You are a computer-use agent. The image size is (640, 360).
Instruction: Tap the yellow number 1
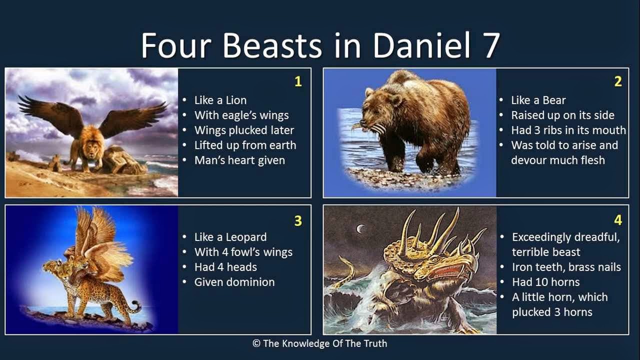pyautogui.click(x=298, y=81)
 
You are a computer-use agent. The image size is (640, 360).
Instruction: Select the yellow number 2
pyautogui.click(x=618, y=81)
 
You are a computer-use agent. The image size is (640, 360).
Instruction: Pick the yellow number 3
pyautogui.click(x=298, y=220)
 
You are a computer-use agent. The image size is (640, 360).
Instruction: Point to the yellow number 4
pyautogui.click(x=618, y=220)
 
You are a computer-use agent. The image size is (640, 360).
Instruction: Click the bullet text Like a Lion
pyautogui.click(x=220, y=100)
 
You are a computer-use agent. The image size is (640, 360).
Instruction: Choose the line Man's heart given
pyautogui.click(x=239, y=160)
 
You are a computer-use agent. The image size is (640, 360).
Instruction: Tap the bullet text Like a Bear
pyautogui.click(x=538, y=100)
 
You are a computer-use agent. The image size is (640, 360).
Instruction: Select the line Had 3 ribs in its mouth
pyautogui.click(x=568, y=130)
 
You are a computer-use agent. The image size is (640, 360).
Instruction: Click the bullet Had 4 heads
pyautogui.click(x=225, y=267)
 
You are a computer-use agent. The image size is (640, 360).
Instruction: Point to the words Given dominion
pyautogui.click(x=234, y=282)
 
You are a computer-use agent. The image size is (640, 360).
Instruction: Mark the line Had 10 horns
pyautogui.click(x=545, y=282)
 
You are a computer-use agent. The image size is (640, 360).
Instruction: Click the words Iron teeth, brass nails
pyautogui.click(x=566, y=267)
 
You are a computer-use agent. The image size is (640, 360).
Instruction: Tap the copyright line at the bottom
pyautogui.click(x=320, y=343)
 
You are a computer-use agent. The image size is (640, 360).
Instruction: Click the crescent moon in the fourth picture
pyautogui.click(x=359, y=229)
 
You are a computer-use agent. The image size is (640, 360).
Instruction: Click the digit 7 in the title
pyautogui.click(x=490, y=45)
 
